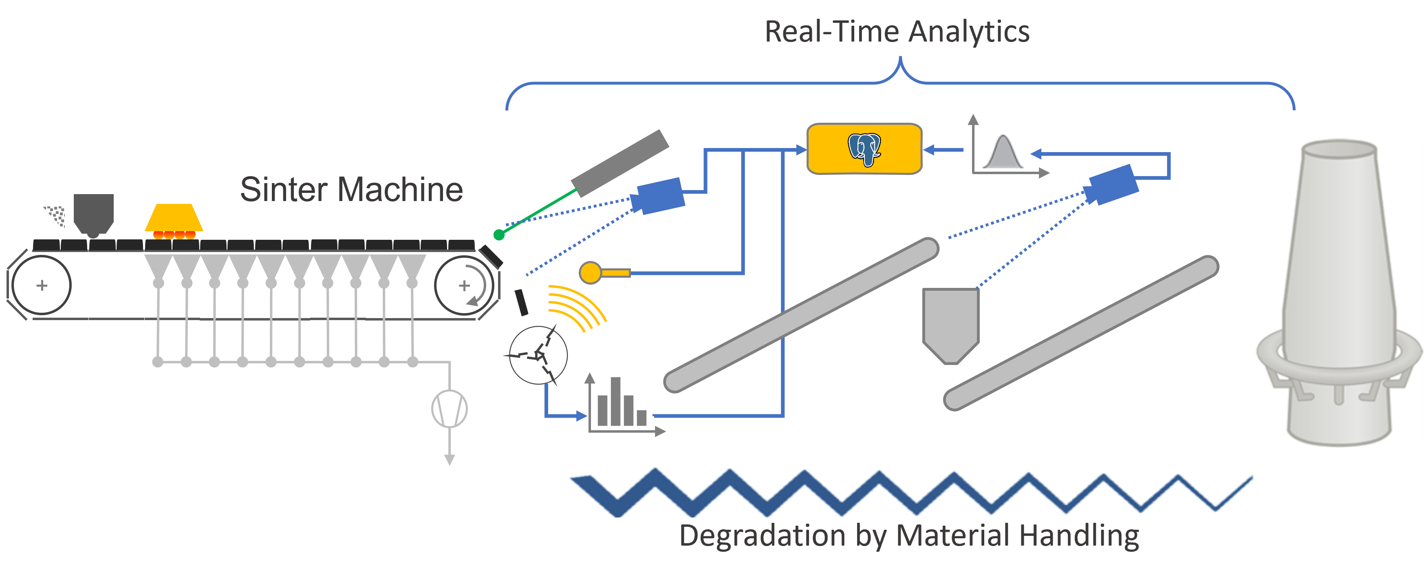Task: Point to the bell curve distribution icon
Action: (x=1004, y=151)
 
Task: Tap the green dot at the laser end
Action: (x=498, y=235)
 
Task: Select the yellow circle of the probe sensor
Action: (x=590, y=272)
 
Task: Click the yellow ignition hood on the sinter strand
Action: (x=174, y=219)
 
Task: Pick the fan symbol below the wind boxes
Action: (x=450, y=409)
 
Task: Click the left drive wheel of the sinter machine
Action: (x=42, y=285)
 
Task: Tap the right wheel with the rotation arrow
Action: (x=464, y=285)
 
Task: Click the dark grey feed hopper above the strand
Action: (x=93, y=213)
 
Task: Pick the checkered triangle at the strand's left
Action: (x=56, y=216)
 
